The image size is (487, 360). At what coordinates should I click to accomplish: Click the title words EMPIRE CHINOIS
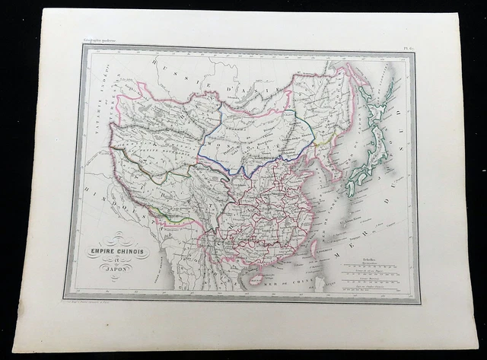(x=117, y=252)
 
